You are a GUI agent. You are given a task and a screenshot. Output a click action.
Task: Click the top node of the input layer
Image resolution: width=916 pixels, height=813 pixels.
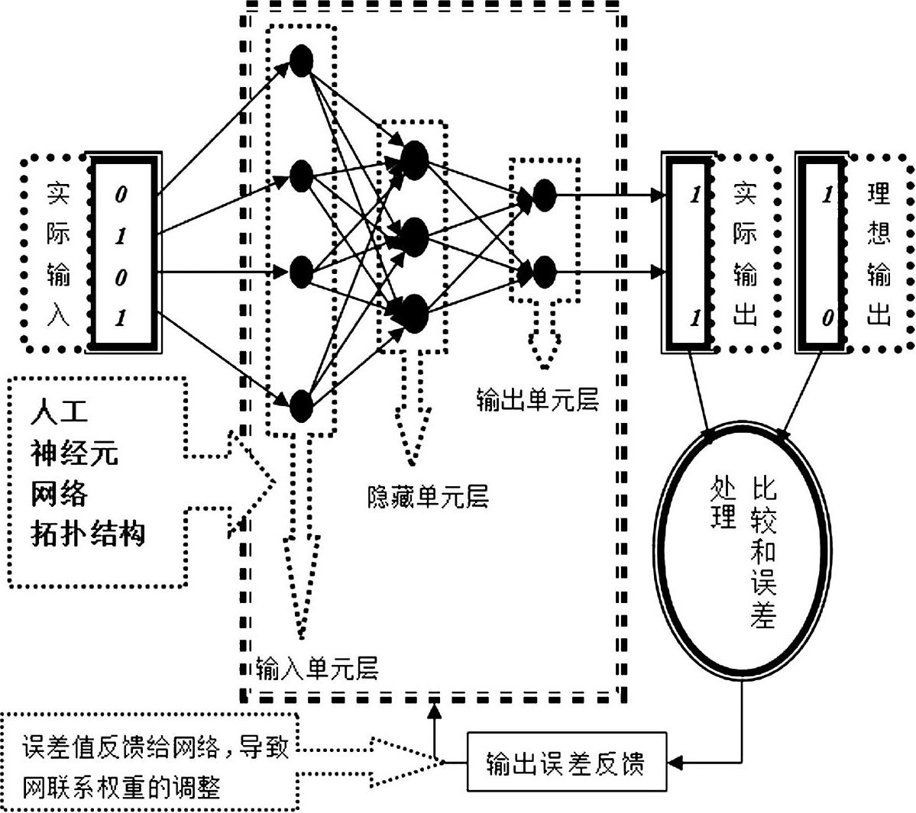coord(302,60)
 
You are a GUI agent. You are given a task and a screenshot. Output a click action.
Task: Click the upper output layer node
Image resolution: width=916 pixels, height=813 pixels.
coord(543,195)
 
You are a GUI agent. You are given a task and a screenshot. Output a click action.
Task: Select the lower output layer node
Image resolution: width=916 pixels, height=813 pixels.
coord(543,271)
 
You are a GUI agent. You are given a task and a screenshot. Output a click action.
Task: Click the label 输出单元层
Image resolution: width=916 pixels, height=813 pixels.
coord(537,400)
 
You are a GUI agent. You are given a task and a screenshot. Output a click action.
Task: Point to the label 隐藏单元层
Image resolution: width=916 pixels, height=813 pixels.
coord(427,497)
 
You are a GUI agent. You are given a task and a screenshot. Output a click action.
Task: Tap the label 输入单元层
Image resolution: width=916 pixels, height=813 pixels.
coord(316,669)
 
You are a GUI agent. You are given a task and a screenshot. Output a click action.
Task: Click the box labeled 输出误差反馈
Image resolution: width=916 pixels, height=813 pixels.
coord(565,763)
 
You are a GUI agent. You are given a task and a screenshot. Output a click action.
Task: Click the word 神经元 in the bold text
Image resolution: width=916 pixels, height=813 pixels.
coord(75,453)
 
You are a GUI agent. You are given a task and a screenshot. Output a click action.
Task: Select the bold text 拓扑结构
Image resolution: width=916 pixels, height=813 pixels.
coord(88,533)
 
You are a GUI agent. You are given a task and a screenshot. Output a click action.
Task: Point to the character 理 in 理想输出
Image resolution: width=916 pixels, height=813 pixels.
coord(878,194)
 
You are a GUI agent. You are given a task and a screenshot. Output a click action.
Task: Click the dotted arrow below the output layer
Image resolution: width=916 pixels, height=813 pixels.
coord(543,340)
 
